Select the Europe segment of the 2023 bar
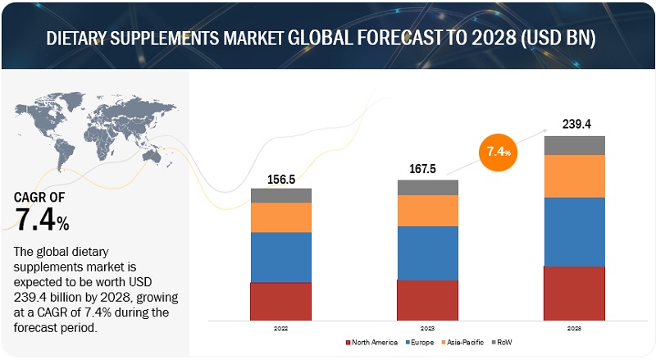pyautogui.click(x=427, y=253)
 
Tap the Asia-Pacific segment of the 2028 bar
pyautogui.click(x=574, y=175)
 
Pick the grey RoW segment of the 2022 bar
pyautogui.click(x=281, y=195)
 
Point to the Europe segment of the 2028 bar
pyautogui.click(x=574, y=231)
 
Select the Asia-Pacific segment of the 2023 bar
pyautogui.click(x=427, y=211)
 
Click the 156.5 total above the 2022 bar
pyautogui.click(x=281, y=180)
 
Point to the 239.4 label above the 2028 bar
pyautogui.click(x=574, y=124)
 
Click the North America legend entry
pyautogui.click(x=375, y=341)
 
